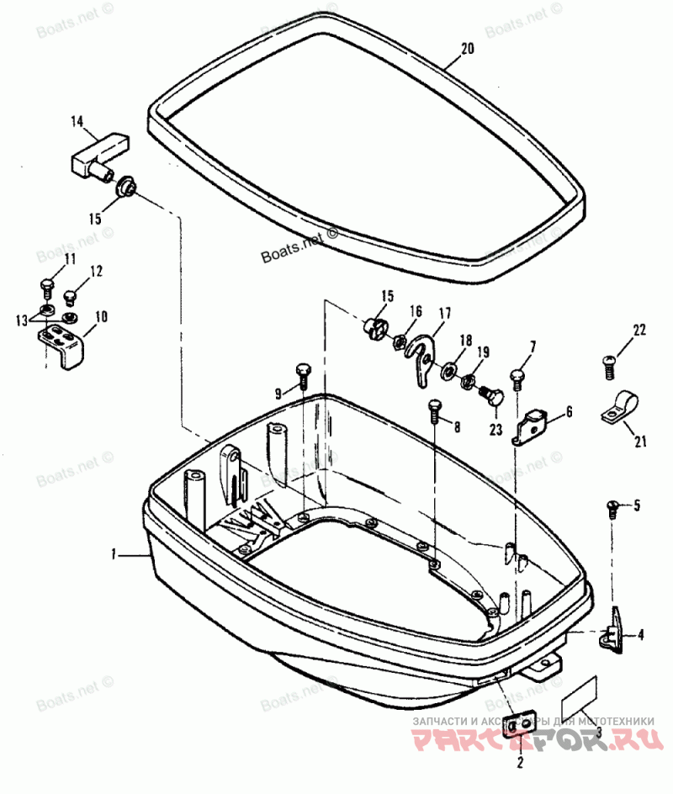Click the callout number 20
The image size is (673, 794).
pyautogui.click(x=467, y=50)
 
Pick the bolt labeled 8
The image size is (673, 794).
pyautogui.click(x=434, y=410)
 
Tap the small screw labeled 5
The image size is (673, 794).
pyautogui.click(x=613, y=506)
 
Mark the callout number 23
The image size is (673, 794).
pyautogui.click(x=495, y=428)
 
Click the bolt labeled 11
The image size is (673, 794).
pyautogui.click(x=48, y=285)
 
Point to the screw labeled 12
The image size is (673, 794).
pyautogui.click(x=71, y=296)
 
